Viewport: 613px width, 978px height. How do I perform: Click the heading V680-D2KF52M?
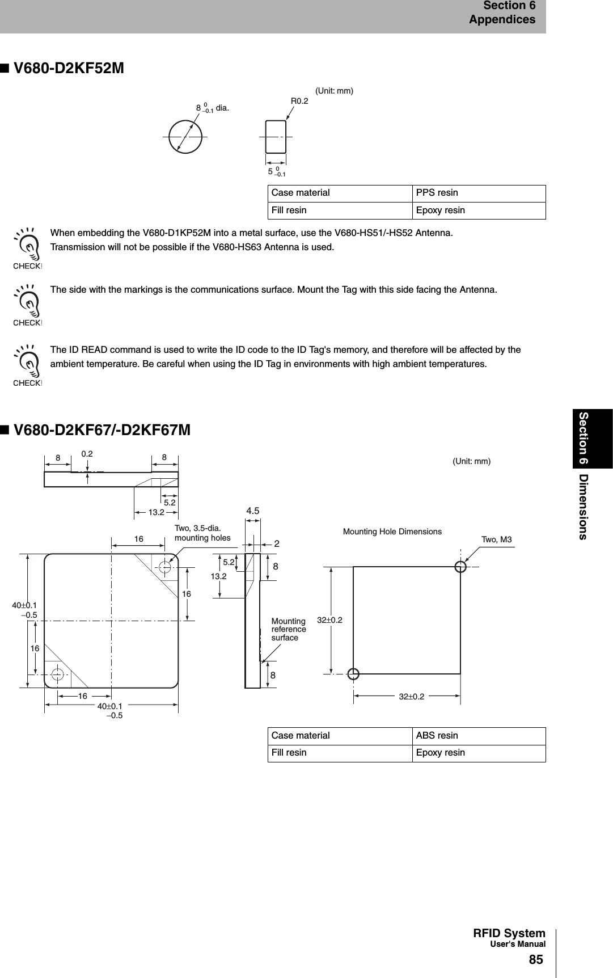[x=68, y=69]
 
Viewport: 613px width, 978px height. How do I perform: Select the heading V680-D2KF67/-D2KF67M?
[x=102, y=430]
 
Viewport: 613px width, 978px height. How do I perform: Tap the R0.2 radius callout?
[x=299, y=101]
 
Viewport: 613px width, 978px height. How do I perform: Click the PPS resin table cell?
[x=437, y=193]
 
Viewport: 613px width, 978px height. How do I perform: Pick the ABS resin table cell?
[x=437, y=736]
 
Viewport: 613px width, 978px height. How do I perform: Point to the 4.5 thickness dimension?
[x=252, y=511]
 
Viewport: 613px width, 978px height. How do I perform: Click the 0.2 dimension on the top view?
[x=87, y=454]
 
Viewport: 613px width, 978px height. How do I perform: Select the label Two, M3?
[x=496, y=539]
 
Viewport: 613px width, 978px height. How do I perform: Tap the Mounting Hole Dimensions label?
[x=392, y=532]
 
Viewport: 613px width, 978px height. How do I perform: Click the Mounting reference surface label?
[x=288, y=630]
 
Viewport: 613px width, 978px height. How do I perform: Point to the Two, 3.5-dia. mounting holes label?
[x=202, y=533]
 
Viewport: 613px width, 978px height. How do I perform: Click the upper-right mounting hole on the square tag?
[x=165, y=567]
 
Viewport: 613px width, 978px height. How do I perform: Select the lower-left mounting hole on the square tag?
[x=57, y=675]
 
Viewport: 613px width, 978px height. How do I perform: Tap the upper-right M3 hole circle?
[x=461, y=566]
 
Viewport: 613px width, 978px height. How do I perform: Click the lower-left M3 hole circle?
[x=353, y=674]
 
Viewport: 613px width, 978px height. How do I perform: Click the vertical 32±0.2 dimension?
[x=329, y=620]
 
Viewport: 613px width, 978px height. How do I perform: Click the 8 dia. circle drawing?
[x=185, y=137]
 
